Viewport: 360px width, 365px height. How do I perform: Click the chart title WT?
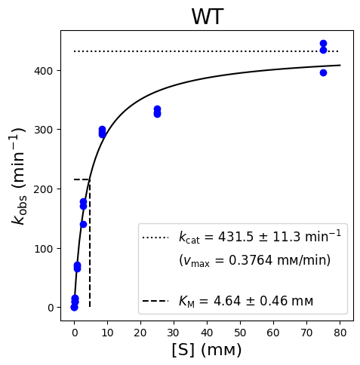[x=208, y=17]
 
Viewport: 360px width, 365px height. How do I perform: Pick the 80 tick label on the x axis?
[x=340, y=333]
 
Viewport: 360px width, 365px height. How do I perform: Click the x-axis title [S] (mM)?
[x=207, y=350]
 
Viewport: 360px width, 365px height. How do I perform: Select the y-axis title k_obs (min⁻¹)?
[x=18, y=176]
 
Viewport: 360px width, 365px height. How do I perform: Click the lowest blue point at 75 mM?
[x=323, y=73]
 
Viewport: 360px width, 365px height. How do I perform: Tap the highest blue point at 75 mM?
[x=323, y=44]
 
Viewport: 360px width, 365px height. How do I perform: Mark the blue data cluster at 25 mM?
[x=157, y=112]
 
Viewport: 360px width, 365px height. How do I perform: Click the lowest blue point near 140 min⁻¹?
[x=83, y=224]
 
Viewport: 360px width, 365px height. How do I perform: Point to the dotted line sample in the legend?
[x=155, y=238]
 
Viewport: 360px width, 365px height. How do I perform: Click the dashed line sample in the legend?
[x=155, y=301]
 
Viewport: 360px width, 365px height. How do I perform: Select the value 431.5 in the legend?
[x=235, y=237]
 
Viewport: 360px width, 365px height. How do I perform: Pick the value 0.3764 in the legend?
[x=251, y=260]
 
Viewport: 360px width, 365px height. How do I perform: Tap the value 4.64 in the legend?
[x=227, y=301]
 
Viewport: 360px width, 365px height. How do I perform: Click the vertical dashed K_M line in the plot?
[x=90, y=243]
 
